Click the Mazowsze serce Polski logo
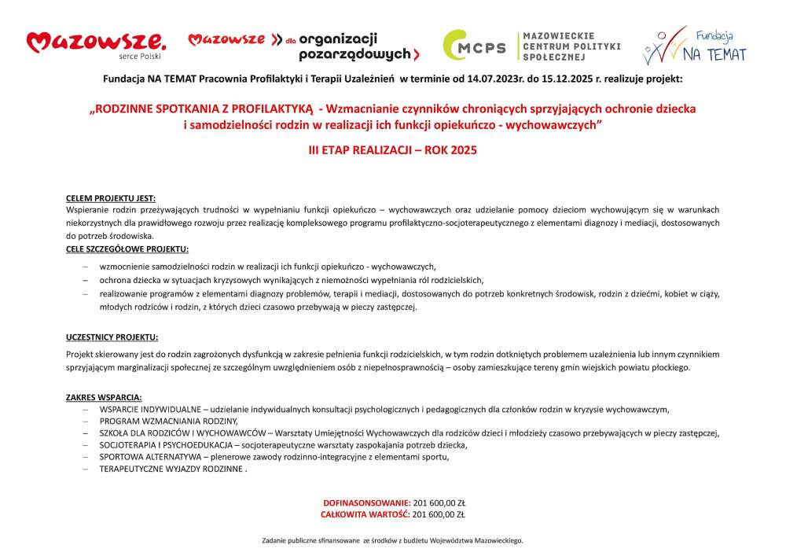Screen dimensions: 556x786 pos(96,45)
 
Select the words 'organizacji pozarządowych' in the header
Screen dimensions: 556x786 pos(347,46)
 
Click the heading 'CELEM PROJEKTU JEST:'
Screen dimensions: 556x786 pos(111,198)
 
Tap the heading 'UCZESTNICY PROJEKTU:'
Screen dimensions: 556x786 pos(112,337)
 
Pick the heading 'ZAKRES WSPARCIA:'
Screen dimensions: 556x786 pos(104,397)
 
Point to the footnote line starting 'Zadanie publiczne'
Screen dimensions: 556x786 pos(392,540)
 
